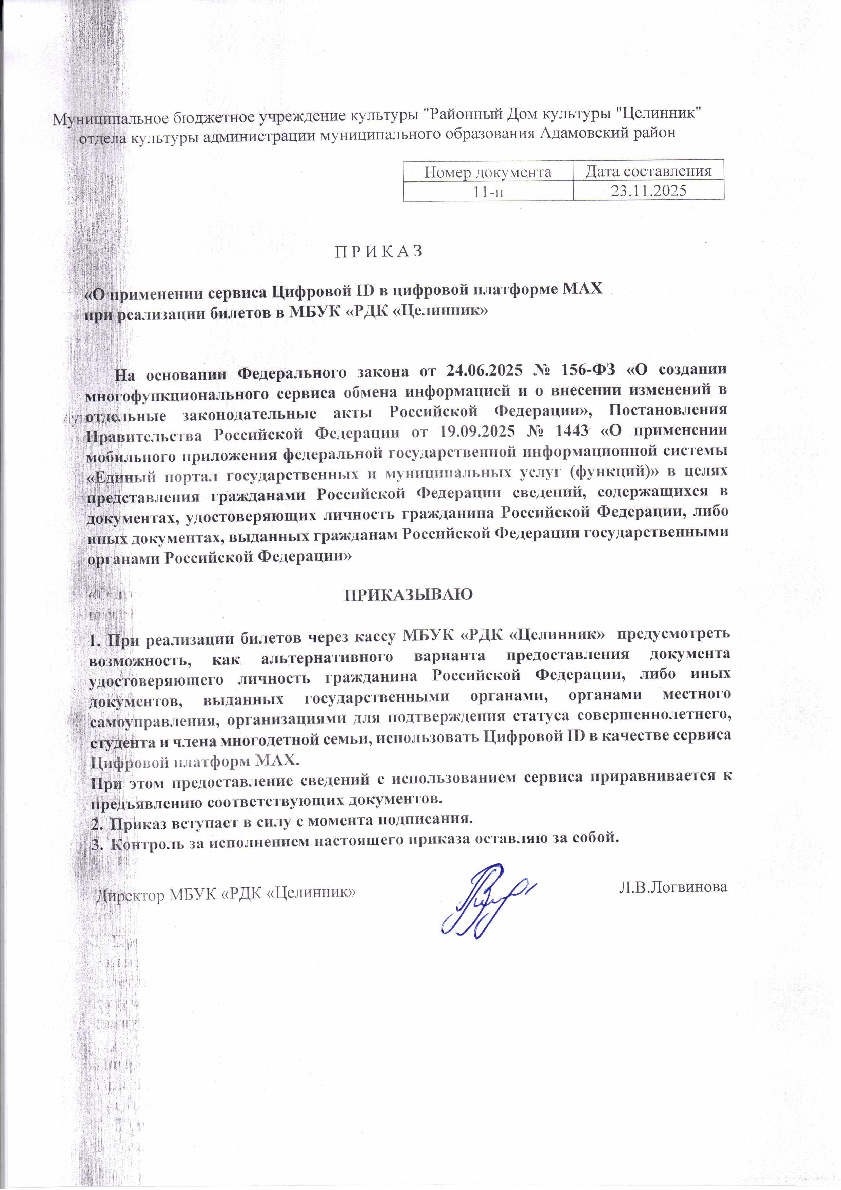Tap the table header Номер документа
[488, 172]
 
